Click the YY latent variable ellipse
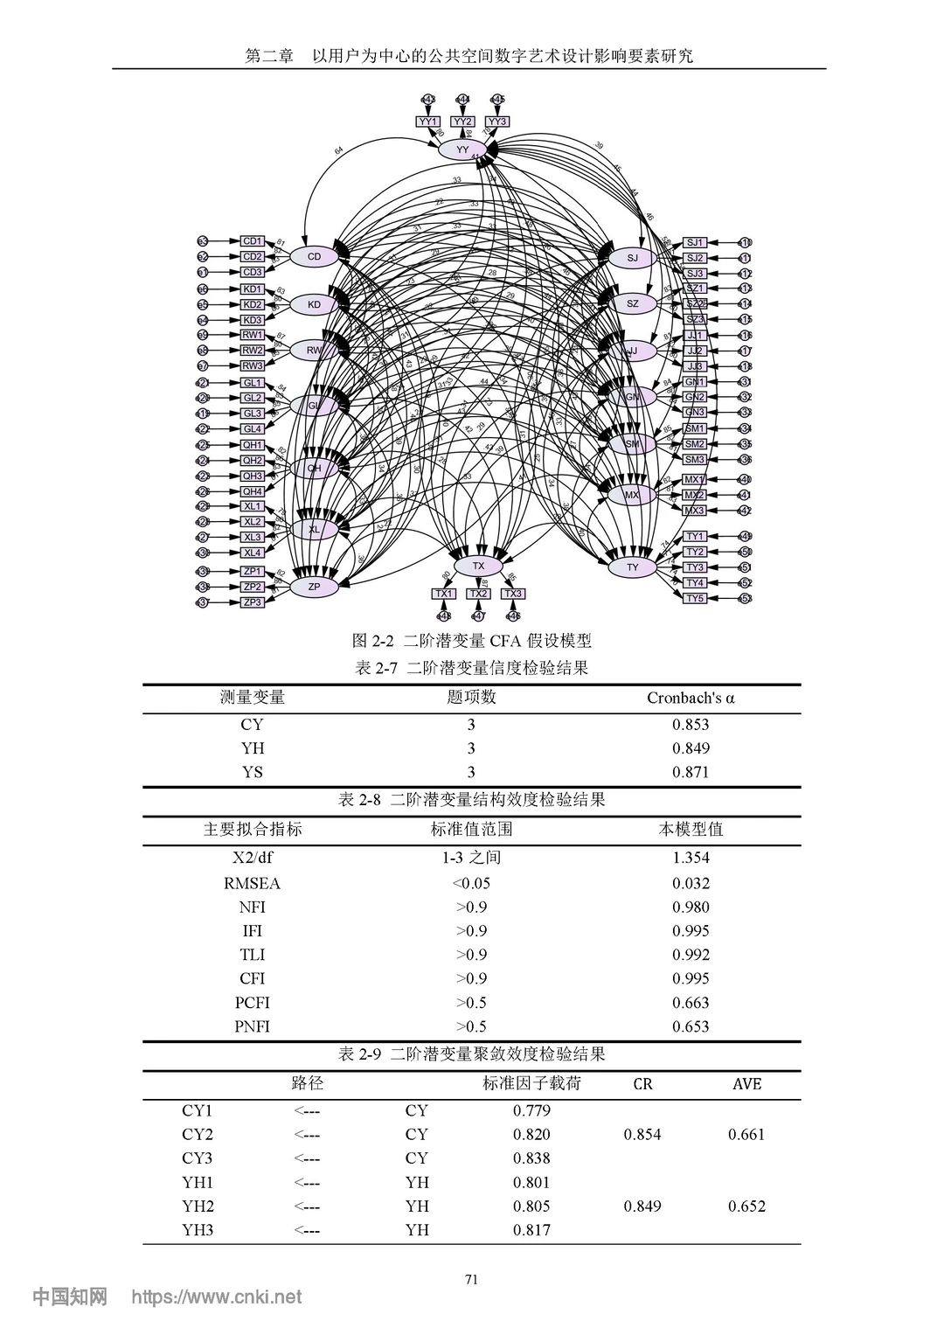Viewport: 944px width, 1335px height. [x=462, y=149]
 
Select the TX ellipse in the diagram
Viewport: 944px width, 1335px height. [x=478, y=566]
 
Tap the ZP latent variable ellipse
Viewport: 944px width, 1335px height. [x=315, y=588]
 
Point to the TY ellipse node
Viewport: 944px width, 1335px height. [x=633, y=567]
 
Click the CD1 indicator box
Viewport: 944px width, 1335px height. [x=253, y=241]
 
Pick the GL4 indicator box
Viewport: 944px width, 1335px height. [x=253, y=429]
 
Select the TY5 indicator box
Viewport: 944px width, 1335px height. [x=695, y=598]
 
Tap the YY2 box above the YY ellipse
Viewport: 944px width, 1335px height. [x=463, y=122]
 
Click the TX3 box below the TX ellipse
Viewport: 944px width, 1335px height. [x=513, y=594]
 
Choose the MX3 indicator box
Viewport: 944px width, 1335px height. [x=694, y=511]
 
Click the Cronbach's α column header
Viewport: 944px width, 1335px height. [x=691, y=698]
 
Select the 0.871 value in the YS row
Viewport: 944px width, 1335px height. [x=691, y=772]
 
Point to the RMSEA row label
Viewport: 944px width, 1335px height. [x=252, y=883]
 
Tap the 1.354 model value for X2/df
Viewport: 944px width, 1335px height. [x=691, y=858]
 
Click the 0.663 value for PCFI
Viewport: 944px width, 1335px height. [x=691, y=1003]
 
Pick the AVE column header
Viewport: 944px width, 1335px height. [x=746, y=1084]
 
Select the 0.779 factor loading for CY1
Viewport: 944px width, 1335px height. [x=531, y=1110]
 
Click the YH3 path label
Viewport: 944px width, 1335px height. [x=198, y=1230]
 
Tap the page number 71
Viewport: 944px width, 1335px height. [x=472, y=1280]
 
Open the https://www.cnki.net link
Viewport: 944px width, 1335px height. [x=216, y=1297]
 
